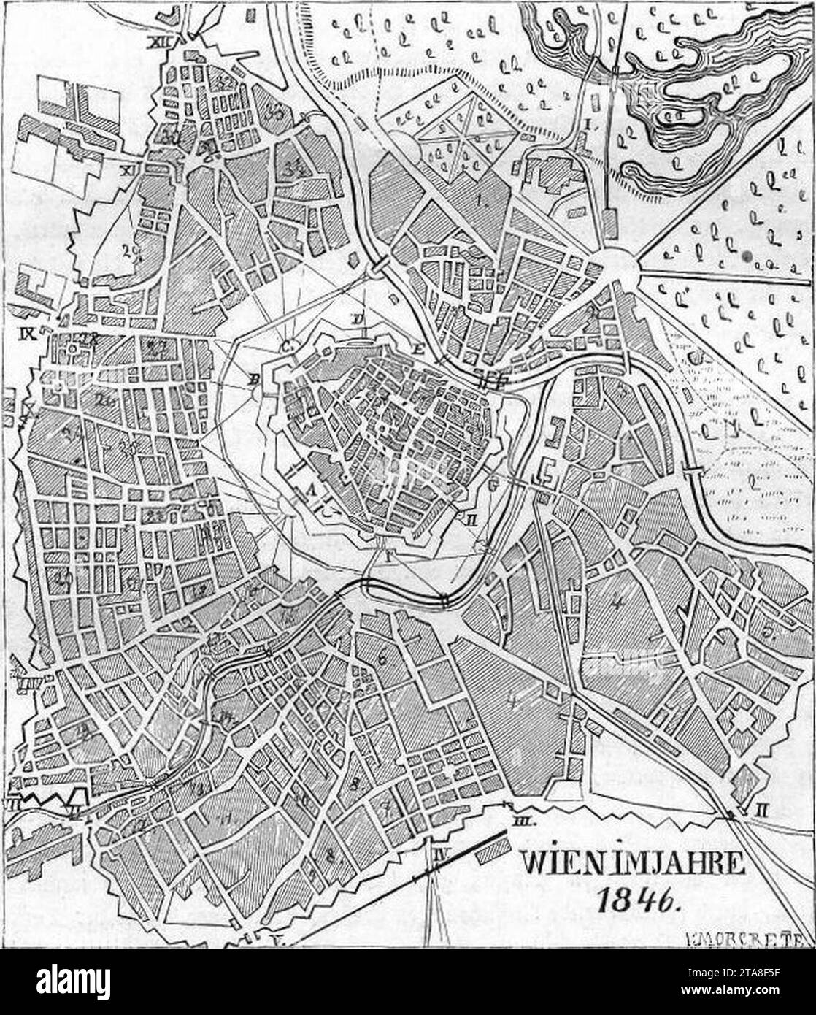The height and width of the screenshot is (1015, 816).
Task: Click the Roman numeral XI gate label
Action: pyautogui.click(x=131, y=171)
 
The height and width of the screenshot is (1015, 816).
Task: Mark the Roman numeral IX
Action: pyautogui.click(x=28, y=336)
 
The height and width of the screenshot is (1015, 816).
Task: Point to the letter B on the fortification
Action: pyautogui.click(x=255, y=379)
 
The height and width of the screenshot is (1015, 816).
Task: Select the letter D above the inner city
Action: pyautogui.click(x=358, y=318)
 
